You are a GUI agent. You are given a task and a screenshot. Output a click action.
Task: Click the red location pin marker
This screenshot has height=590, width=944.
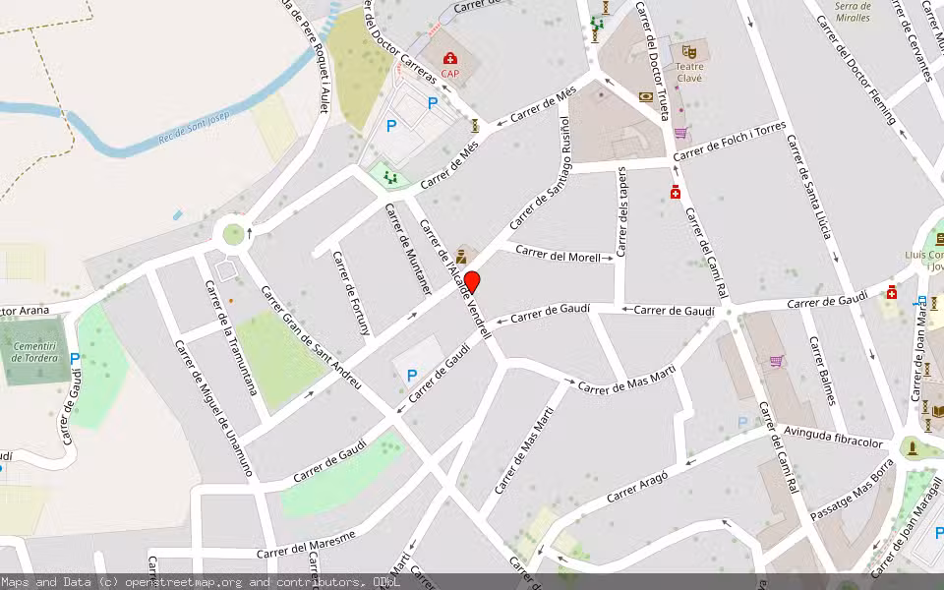pos(472,282)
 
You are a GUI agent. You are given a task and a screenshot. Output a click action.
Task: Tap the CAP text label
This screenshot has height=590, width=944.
pos(449,74)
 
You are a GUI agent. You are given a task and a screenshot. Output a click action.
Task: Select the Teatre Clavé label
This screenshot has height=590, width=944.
pos(688,72)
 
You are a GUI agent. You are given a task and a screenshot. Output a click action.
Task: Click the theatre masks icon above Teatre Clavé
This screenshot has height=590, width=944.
pos(689,50)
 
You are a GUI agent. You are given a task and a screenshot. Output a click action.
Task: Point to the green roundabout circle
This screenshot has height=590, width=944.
pos(233,234)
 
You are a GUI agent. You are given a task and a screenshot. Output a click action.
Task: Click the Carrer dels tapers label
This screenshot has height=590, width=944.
pos(621,210)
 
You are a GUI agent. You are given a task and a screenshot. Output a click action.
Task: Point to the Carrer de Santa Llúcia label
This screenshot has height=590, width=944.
pos(809,187)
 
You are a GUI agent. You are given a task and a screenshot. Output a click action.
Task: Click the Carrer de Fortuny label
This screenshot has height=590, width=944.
pos(352,292)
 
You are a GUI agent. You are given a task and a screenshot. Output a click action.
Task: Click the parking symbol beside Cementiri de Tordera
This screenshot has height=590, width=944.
pos(75,360)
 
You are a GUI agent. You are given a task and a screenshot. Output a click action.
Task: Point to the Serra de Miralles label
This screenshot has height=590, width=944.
pos(852,12)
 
